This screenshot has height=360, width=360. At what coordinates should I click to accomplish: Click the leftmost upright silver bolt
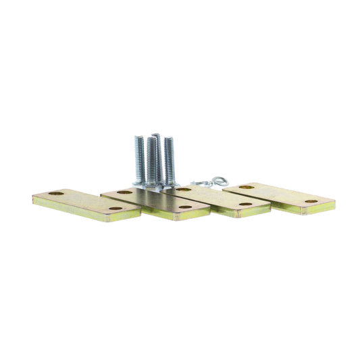[139, 159]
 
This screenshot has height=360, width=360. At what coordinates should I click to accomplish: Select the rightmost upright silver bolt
[168, 161]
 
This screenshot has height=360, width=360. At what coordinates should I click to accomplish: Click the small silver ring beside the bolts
[217, 181]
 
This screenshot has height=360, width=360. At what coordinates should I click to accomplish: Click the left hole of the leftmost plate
[55, 194]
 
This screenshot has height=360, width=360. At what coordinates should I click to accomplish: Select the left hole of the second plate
[124, 192]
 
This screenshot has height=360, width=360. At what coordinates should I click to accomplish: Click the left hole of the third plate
[183, 190]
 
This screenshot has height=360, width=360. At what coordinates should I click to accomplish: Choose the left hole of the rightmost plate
[247, 186]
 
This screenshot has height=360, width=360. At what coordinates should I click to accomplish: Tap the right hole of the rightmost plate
[311, 201]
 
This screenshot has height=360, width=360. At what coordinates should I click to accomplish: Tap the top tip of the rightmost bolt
[168, 139]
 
